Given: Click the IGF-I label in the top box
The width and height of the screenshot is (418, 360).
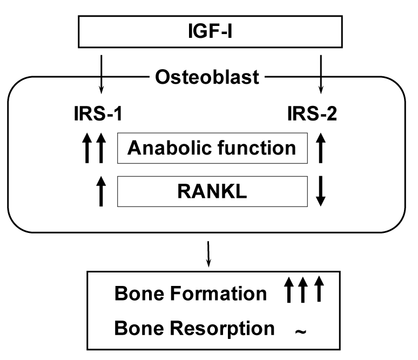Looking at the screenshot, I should click(x=208, y=31).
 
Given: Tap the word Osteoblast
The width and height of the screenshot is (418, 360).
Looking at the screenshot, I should click(x=207, y=77).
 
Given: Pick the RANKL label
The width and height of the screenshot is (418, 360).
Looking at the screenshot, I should click(x=211, y=191).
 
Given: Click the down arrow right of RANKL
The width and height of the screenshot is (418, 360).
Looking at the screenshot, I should click(x=321, y=191).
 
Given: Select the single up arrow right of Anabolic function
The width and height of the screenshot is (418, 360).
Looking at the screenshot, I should click(x=321, y=148).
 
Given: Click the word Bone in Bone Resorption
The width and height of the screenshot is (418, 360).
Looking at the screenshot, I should click(x=134, y=328).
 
